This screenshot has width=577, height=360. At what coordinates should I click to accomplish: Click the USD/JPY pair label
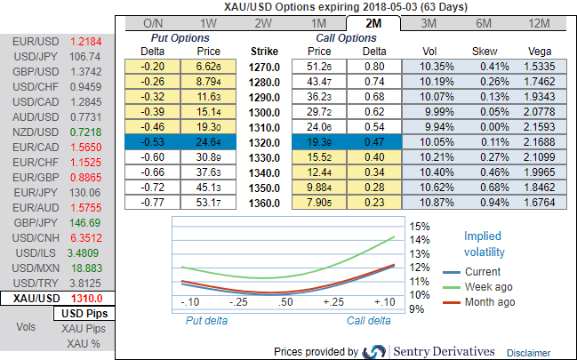point(31,56)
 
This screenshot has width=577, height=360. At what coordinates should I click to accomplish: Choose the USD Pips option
point(84,314)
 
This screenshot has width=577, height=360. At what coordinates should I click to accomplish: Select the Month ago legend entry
point(490,302)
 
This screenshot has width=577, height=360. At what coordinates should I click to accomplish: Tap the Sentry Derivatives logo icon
point(374,351)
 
